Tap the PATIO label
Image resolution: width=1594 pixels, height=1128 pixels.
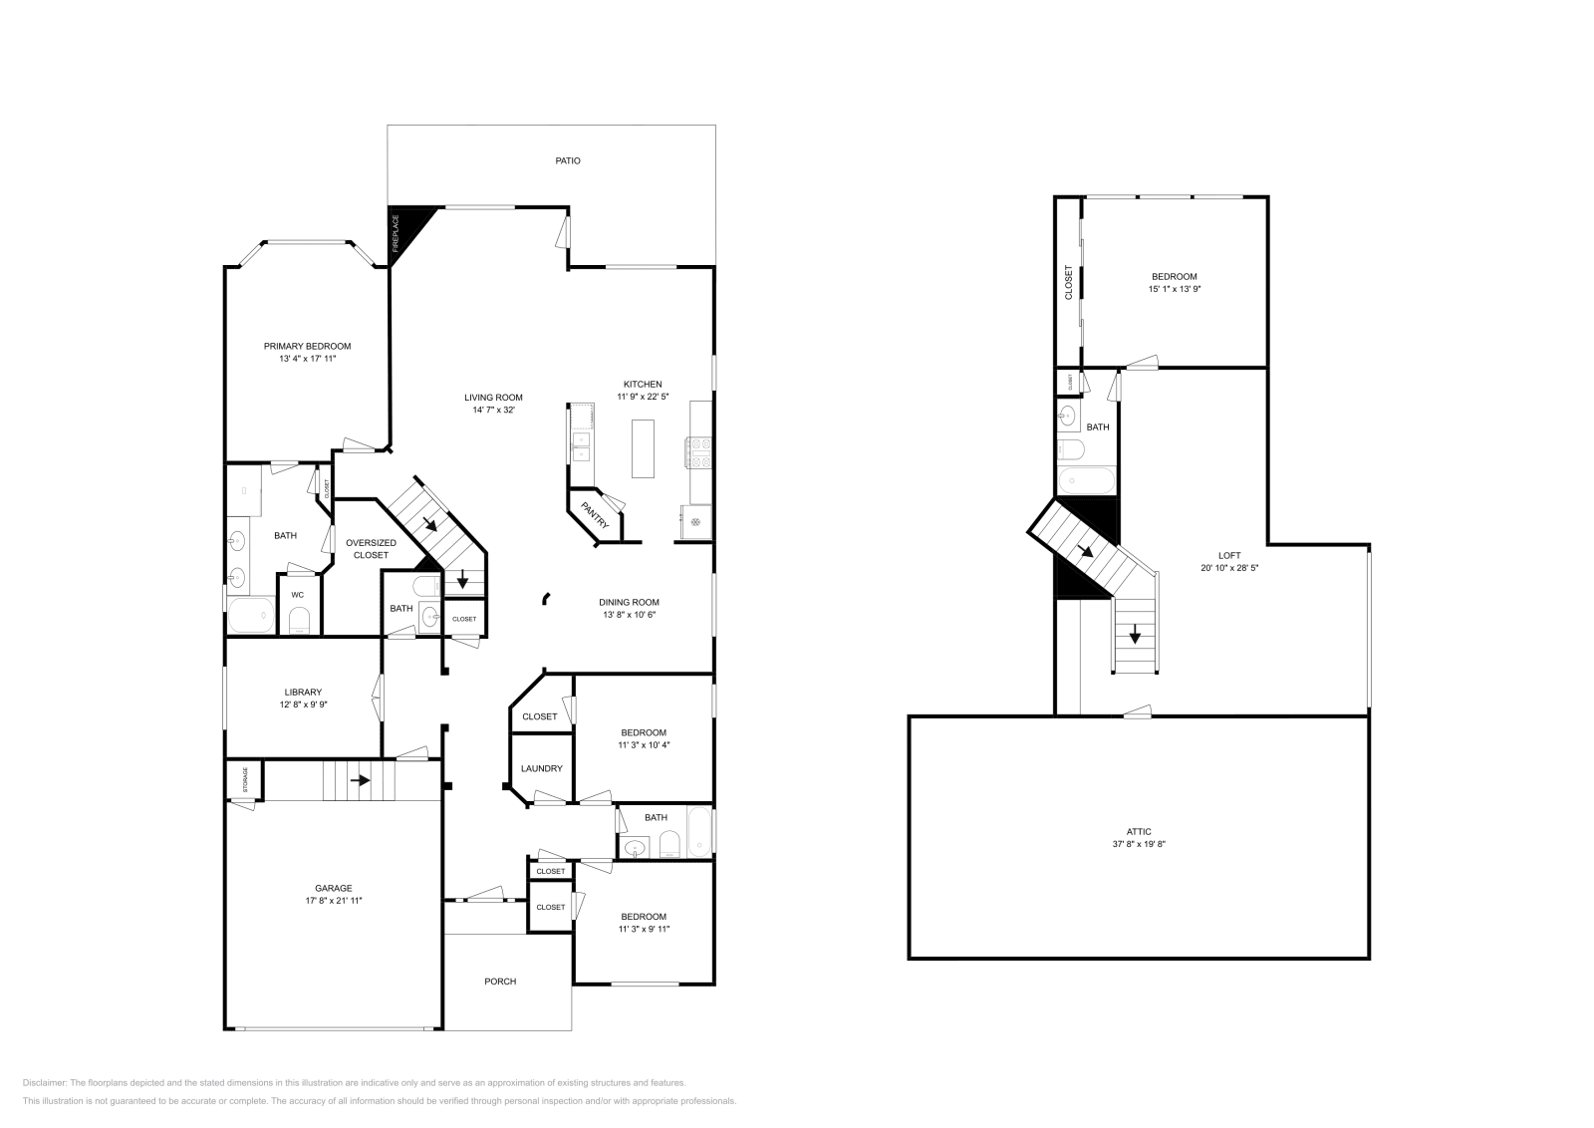(x=568, y=160)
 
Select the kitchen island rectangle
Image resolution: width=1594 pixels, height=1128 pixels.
(x=643, y=448)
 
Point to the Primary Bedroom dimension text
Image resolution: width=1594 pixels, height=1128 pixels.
(x=307, y=359)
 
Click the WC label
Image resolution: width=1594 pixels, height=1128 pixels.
(x=298, y=595)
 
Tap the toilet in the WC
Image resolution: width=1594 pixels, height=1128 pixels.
(x=299, y=622)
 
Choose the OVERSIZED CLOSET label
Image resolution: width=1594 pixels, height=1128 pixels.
(x=371, y=549)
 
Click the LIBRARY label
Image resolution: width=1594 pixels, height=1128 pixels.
(x=303, y=692)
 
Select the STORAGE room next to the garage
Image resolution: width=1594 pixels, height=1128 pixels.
(x=244, y=780)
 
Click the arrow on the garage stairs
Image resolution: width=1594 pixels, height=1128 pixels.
(x=361, y=780)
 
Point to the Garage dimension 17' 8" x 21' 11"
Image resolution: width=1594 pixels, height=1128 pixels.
(x=334, y=901)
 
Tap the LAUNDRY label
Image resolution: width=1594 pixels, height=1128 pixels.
(x=542, y=768)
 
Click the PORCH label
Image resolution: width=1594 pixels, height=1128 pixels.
(x=500, y=982)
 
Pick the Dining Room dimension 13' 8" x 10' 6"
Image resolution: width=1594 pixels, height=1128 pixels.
(x=629, y=615)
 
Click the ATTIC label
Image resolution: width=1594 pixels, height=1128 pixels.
(x=1139, y=831)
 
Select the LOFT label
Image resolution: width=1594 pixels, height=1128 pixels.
(x=1229, y=556)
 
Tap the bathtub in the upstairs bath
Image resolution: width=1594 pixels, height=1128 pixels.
(x=1085, y=481)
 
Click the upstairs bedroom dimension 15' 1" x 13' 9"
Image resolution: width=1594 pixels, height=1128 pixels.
(x=1175, y=289)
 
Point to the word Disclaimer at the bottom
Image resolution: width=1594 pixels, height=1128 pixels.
(x=43, y=1082)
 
